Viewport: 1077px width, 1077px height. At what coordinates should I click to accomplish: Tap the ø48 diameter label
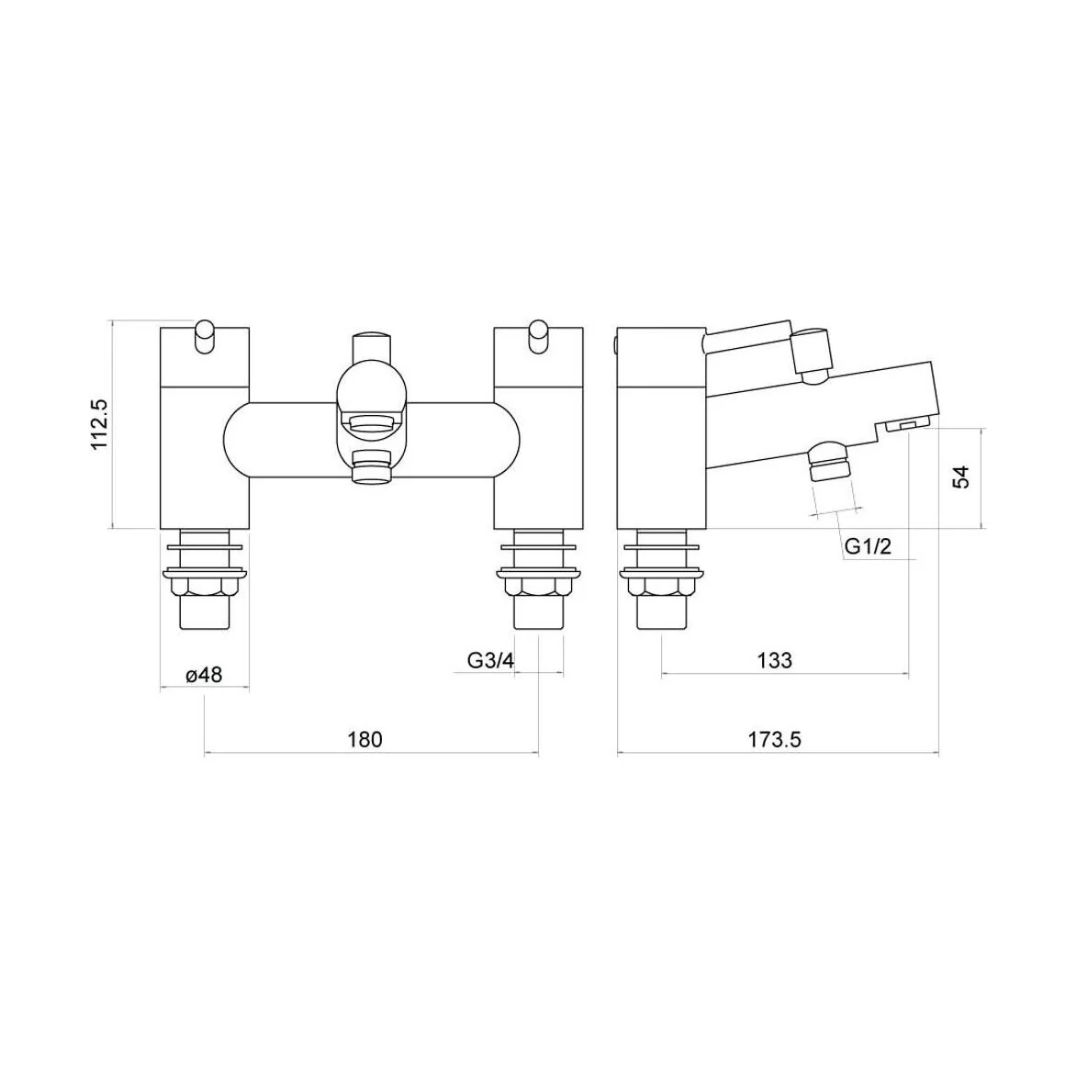pos(204,675)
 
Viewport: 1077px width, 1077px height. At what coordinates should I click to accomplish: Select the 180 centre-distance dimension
pos(365,739)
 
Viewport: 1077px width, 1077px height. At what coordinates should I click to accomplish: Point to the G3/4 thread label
pos(490,660)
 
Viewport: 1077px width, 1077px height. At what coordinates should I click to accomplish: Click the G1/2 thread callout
pos(868,546)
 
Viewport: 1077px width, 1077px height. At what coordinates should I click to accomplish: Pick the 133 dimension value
pos(774,660)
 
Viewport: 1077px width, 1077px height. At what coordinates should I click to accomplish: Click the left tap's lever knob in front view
pos(205,338)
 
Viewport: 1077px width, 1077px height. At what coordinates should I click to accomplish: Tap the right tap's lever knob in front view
pos(539,338)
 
